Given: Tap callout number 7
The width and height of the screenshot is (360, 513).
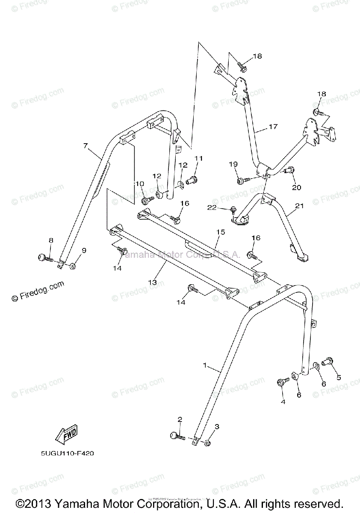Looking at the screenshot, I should point(86,146).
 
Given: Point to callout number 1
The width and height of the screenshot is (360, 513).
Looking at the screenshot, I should point(205,366).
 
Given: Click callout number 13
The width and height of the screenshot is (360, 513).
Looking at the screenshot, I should point(153,283).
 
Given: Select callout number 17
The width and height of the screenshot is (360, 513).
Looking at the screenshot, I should point(273,127).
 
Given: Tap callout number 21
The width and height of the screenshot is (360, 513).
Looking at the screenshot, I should point(299,206).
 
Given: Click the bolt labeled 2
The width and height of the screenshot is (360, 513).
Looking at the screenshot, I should point(175,436).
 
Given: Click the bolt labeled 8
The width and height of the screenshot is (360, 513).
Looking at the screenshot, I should point(43,257).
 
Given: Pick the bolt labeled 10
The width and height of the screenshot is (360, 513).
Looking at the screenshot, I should point(148,200).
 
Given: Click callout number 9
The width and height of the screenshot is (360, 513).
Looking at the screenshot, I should point(84,251).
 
